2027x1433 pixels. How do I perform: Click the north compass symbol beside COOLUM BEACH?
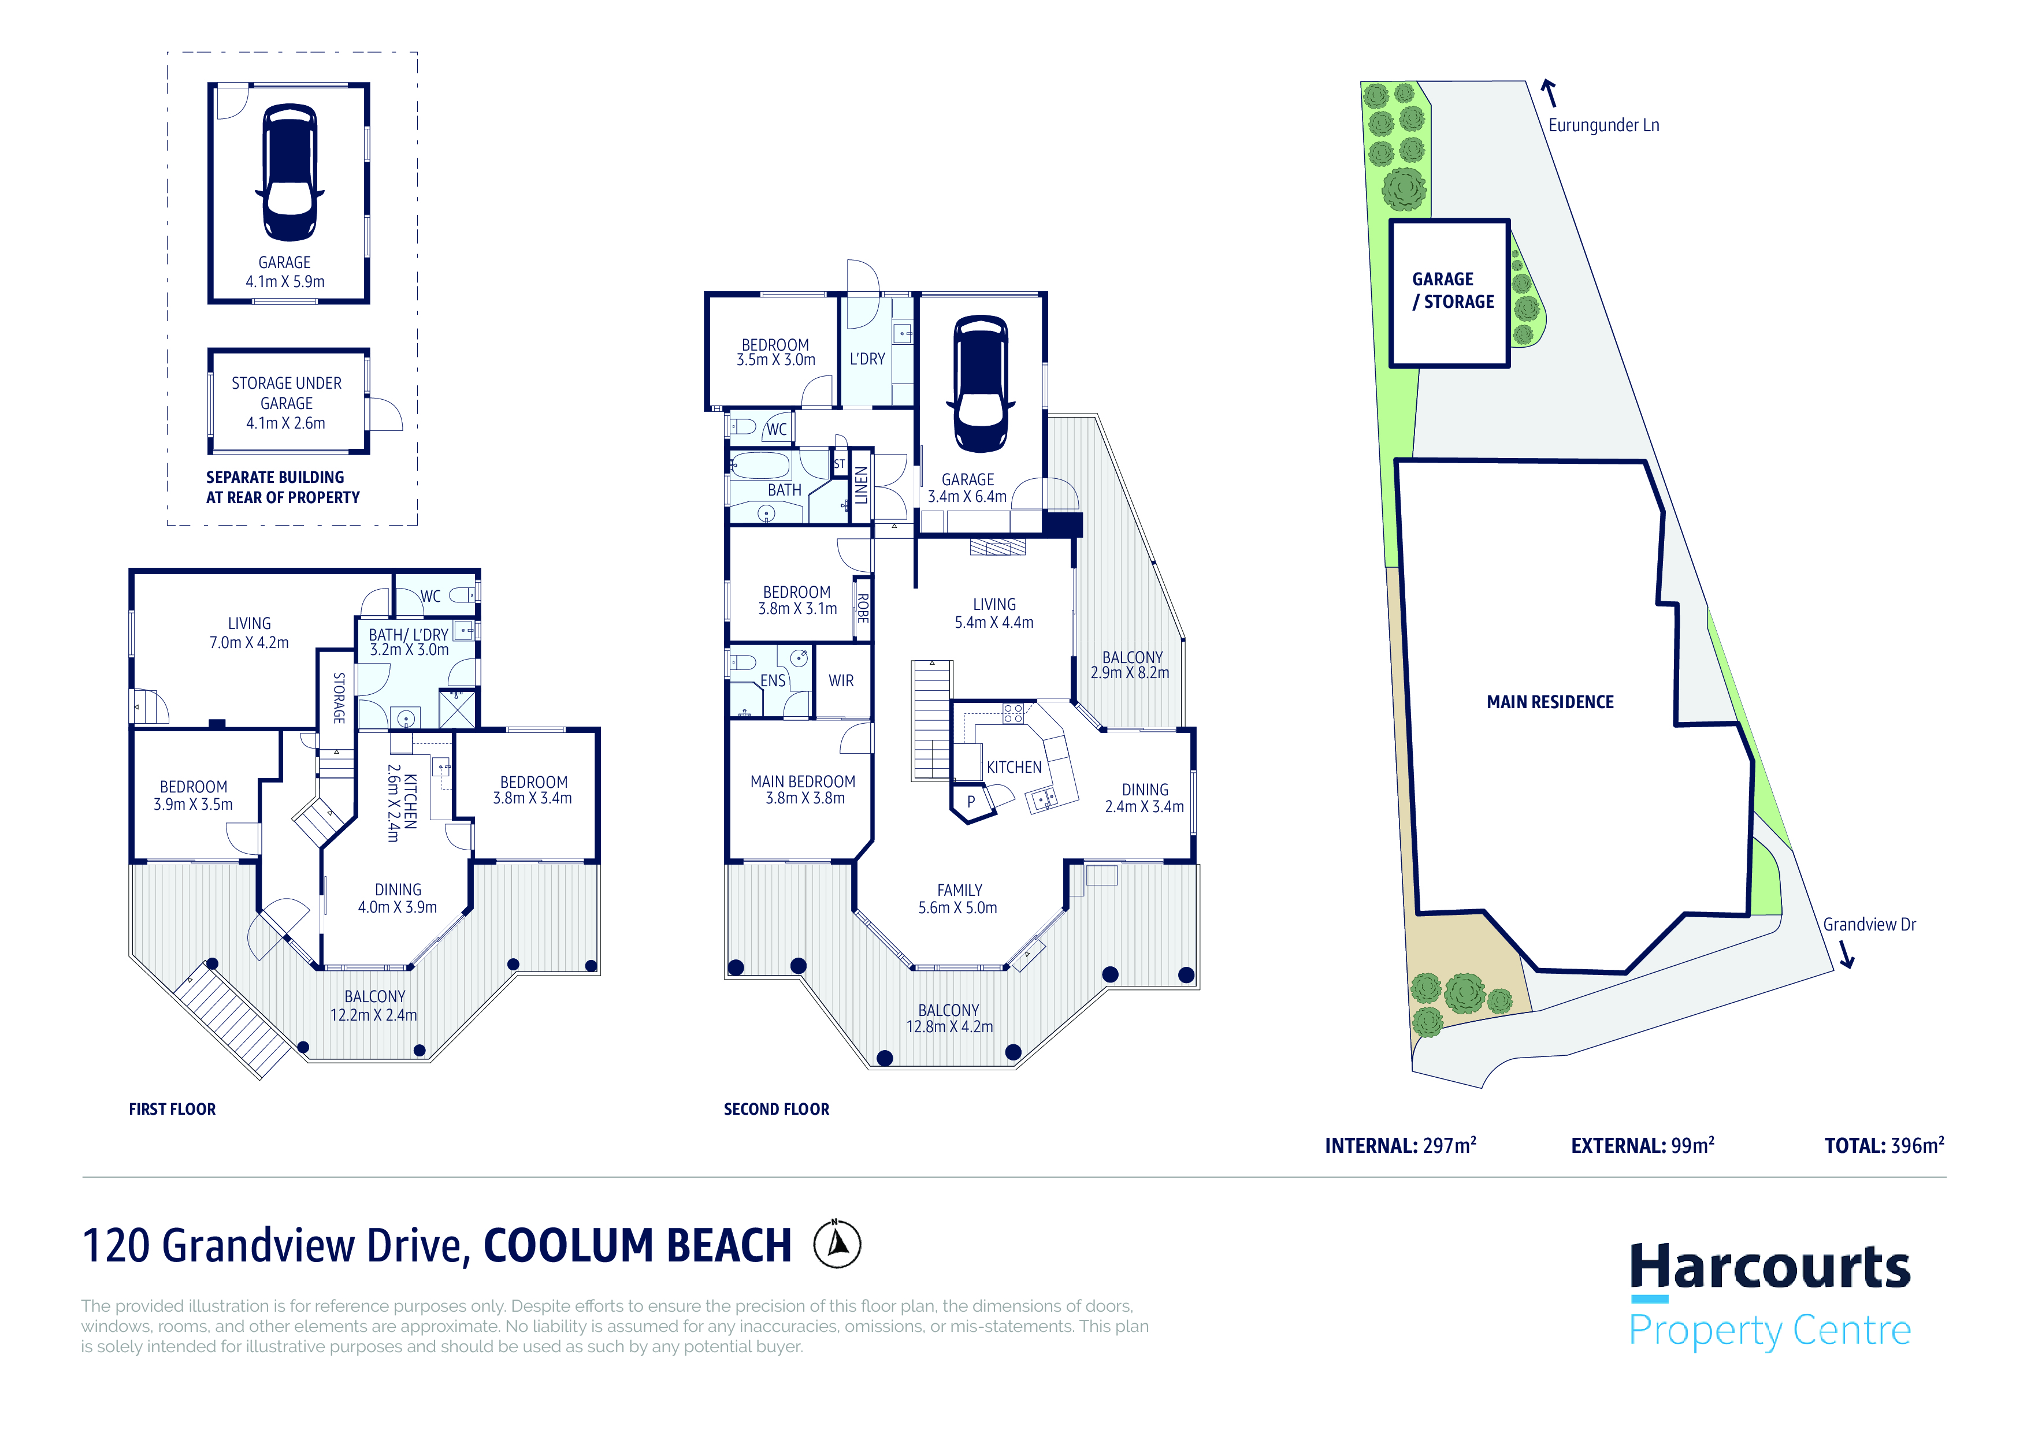pos(837,1244)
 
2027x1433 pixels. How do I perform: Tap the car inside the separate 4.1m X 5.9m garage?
pos(289,172)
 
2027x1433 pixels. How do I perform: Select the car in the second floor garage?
pos(980,384)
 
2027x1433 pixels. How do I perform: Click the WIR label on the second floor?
pos(841,681)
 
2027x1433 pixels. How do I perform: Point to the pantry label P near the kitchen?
pos(971,801)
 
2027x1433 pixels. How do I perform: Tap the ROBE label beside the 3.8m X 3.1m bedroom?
pos(863,608)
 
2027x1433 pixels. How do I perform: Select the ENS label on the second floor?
pos(773,680)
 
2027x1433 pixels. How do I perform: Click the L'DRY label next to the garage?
pos(867,359)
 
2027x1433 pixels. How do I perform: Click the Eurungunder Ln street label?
pos(1603,125)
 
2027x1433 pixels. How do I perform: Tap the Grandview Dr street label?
pos(1869,924)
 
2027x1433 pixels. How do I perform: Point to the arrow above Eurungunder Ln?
pos(1549,92)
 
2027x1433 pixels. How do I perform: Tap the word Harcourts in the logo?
pos(1769,1267)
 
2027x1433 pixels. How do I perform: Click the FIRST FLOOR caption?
pos(172,1109)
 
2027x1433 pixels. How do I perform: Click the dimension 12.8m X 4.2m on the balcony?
pos(949,1027)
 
